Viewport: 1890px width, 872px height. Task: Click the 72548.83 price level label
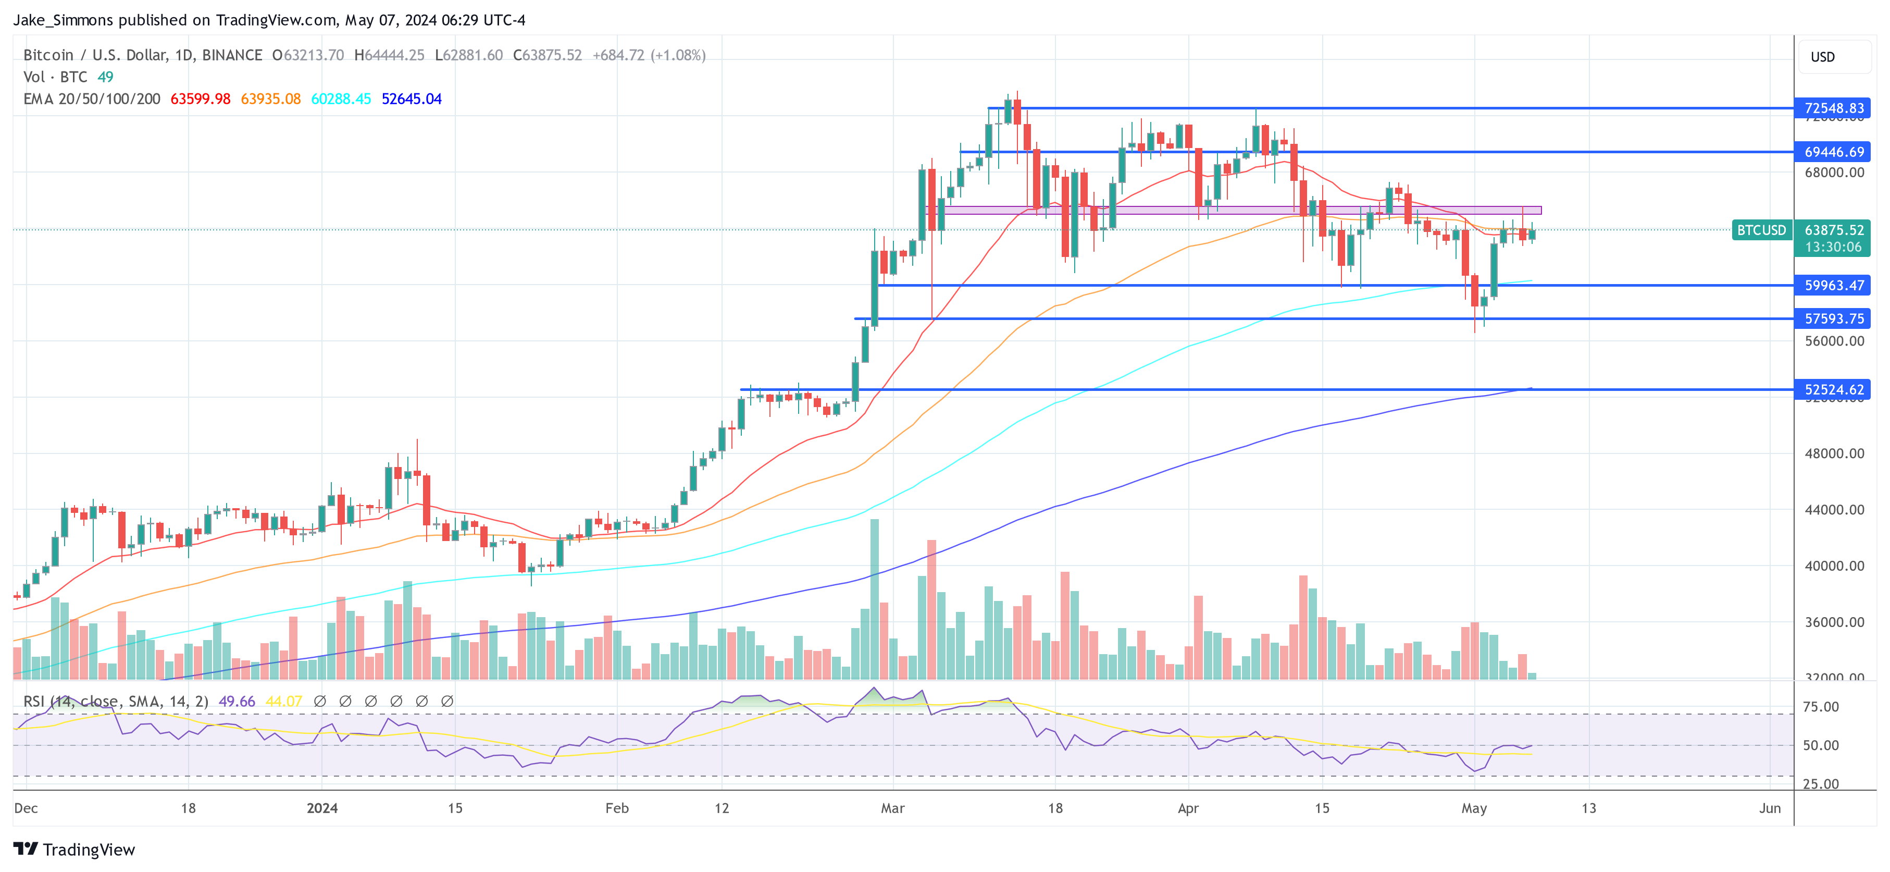[1832, 108]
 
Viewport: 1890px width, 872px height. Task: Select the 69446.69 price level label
[1832, 152]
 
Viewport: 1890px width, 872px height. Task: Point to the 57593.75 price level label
[1832, 318]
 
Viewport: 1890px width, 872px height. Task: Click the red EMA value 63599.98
[200, 99]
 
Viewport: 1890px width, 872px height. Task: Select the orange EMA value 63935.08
[271, 99]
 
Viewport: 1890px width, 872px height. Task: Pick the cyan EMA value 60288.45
[341, 99]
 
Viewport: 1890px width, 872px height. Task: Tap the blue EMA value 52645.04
[412, 99]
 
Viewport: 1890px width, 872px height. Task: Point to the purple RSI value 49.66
[237, 702]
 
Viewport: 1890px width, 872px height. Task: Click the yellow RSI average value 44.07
[284, 702]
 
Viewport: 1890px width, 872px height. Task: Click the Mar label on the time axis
[892, 808]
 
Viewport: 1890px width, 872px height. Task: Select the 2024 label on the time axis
[322, 808]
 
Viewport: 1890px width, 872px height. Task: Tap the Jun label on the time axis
[1770, 808]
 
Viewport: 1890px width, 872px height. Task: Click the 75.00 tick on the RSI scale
[1821, 707]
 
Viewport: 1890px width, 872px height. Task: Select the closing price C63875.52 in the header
[548, 55]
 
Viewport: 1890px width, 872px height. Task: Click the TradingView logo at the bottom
[75, 849]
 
